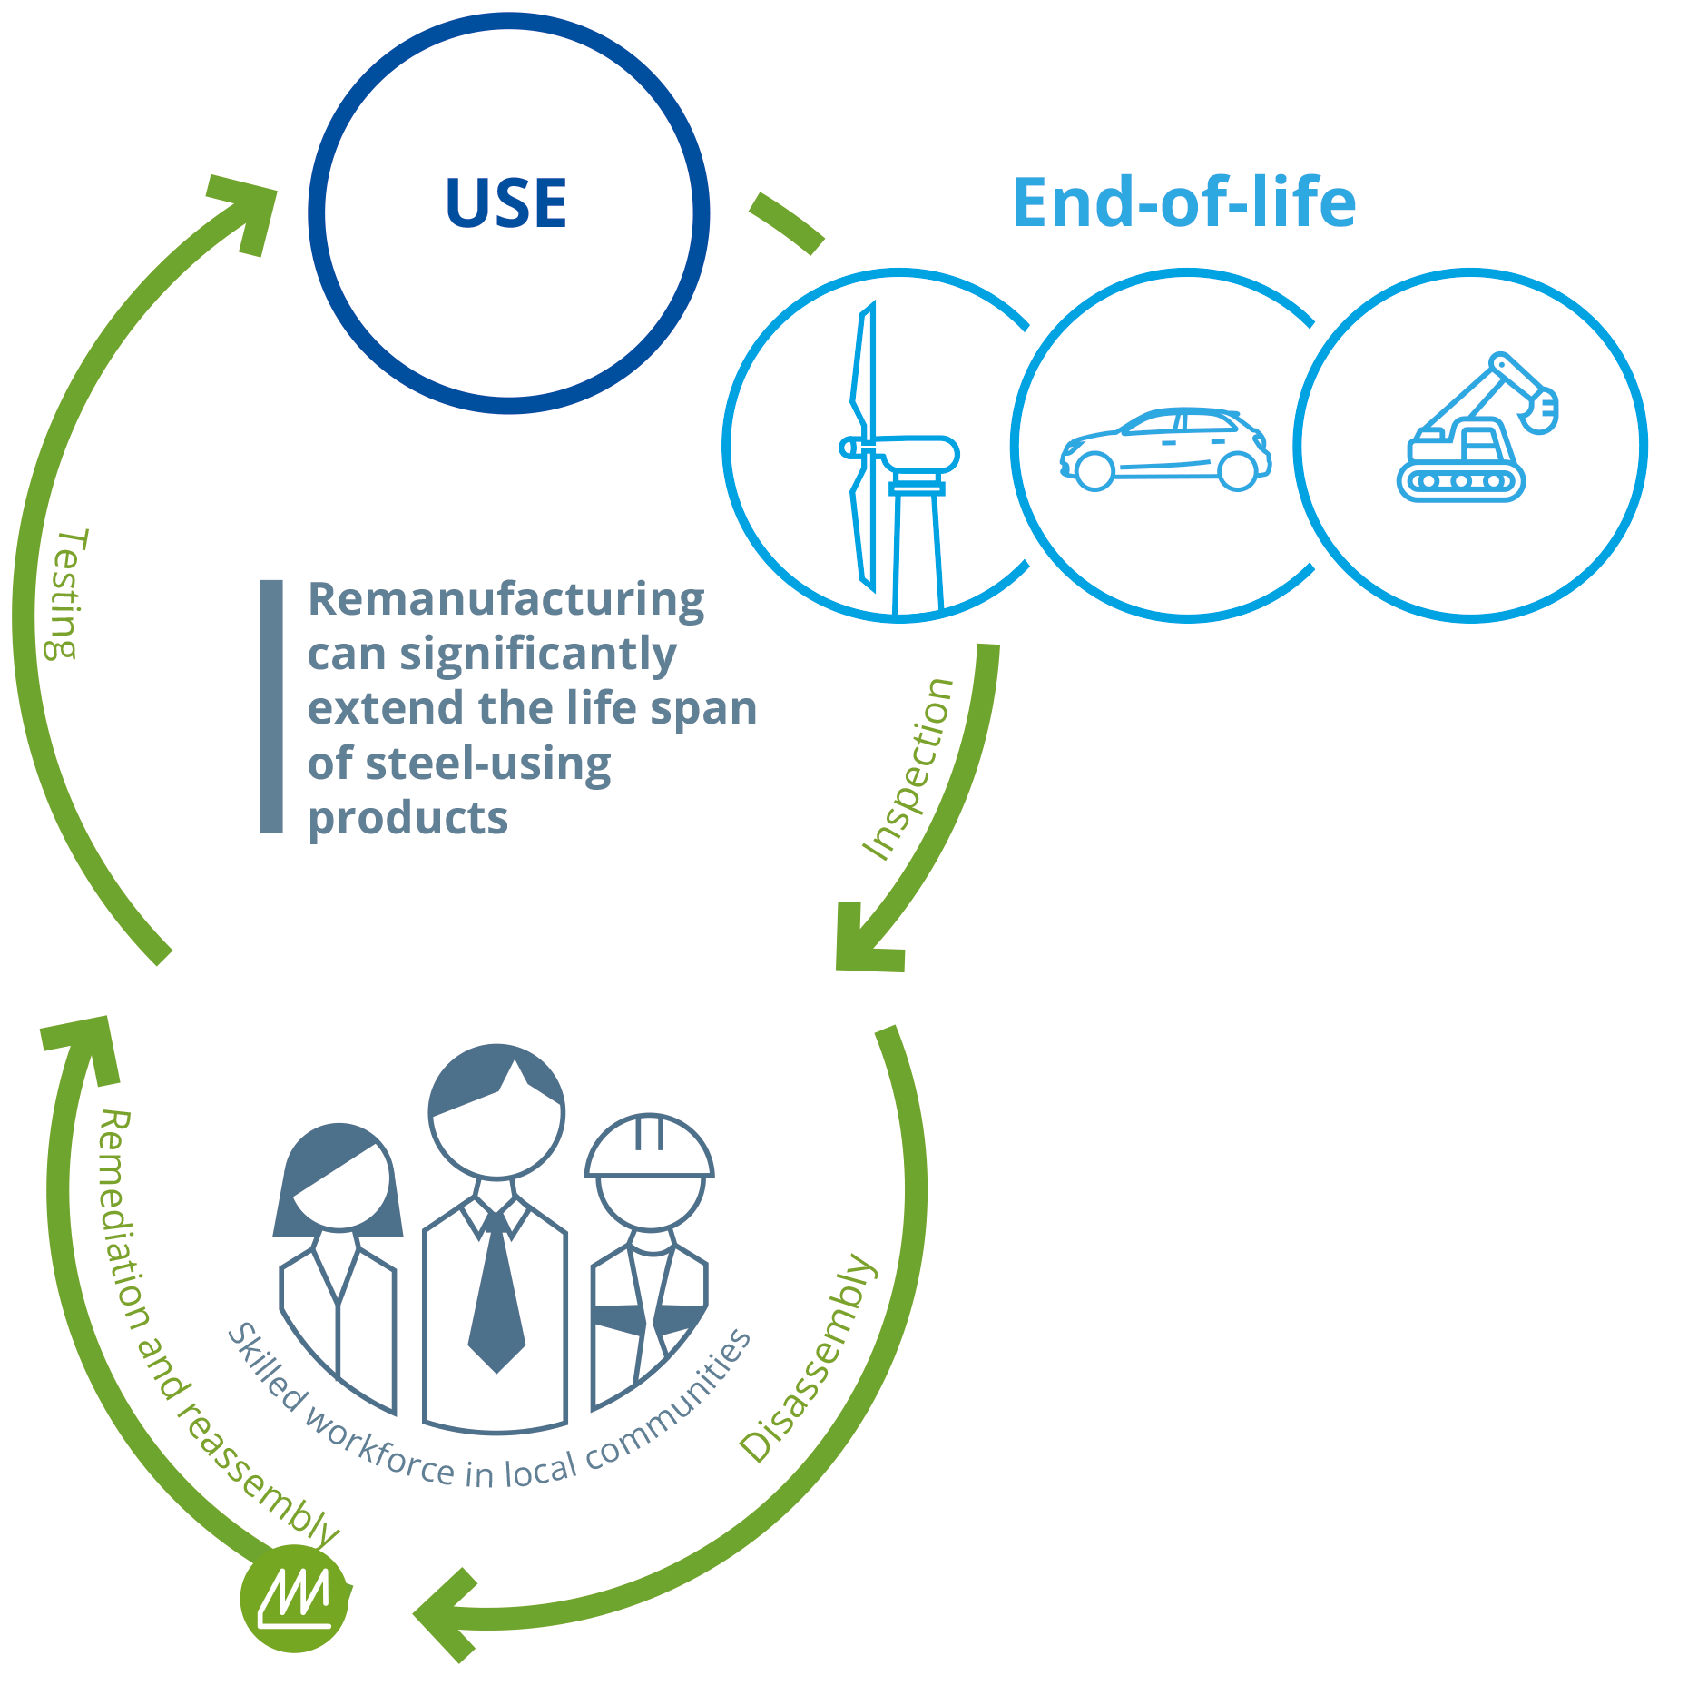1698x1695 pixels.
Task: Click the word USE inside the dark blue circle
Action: (505, 203)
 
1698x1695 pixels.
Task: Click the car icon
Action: (1165, 449)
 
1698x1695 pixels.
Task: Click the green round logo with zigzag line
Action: (294, 1599)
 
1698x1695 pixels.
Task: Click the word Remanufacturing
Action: (505, 599)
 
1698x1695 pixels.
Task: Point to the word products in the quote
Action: (407, 817)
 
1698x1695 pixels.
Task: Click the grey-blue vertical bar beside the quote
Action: (270, 705)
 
